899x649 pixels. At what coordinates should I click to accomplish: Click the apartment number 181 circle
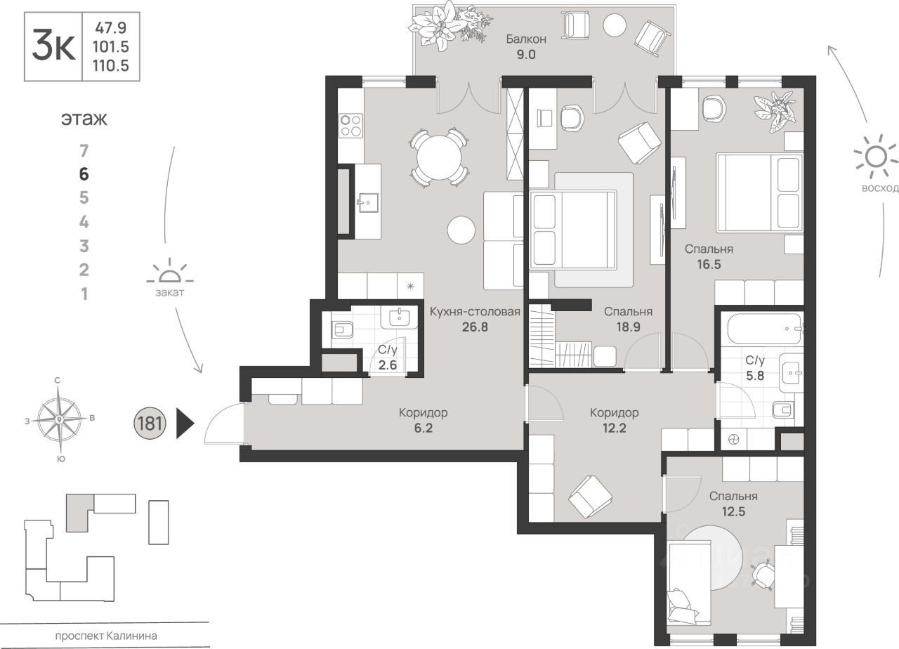point(150,423)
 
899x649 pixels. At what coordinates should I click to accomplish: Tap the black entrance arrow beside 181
point(185,423)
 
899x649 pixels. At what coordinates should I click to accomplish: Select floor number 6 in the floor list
point(84,174)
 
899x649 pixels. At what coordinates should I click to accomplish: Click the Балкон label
point(526,39)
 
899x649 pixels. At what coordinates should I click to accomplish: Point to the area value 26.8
point(475,327)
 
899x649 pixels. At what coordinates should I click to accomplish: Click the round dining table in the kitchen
point(440,158)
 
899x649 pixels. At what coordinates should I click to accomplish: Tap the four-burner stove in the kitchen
point(350,125)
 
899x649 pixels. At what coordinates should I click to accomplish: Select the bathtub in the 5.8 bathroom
point(765,329)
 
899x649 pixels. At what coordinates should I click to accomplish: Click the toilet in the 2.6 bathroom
point(342,330)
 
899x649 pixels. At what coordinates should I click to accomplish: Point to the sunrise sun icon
point(876,157)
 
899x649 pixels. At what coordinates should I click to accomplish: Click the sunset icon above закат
point(170,271)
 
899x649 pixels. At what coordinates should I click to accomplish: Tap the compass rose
point(60,419)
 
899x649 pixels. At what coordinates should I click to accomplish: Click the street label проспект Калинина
point(106,636)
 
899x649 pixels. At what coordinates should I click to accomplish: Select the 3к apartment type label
point(53,46)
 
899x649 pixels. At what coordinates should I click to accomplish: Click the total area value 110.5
point(111,65)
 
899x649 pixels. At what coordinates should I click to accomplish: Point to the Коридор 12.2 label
point(614,420)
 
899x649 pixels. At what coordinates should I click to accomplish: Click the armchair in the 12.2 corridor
point(590,497)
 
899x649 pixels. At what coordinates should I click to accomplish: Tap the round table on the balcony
point(614,25)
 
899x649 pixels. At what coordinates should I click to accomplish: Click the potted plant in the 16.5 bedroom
point(775,112)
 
